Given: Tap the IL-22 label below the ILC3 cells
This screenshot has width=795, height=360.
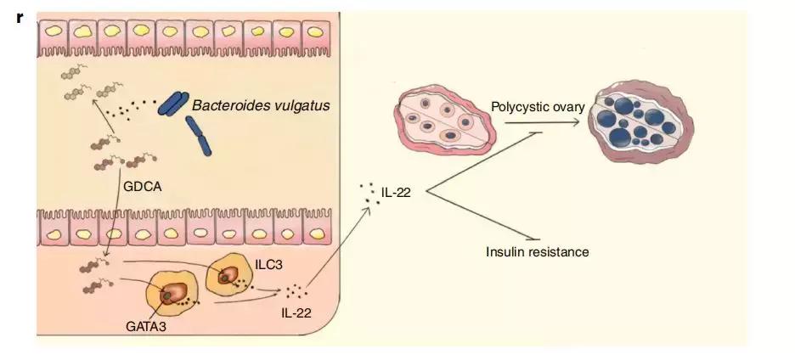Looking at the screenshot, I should click(x=296, y=312).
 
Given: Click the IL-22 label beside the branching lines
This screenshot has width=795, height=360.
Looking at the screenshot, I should click(x=396, y=193).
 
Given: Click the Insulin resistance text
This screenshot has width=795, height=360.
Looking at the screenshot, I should click(x=537, y=251).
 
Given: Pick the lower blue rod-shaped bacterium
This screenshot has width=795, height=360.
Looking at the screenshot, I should click(x=201, y=135).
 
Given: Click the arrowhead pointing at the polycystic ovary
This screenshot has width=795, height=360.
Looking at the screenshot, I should click(x=583, y=123).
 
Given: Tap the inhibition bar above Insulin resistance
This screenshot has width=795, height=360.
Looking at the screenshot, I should click(x=533, y=239).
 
